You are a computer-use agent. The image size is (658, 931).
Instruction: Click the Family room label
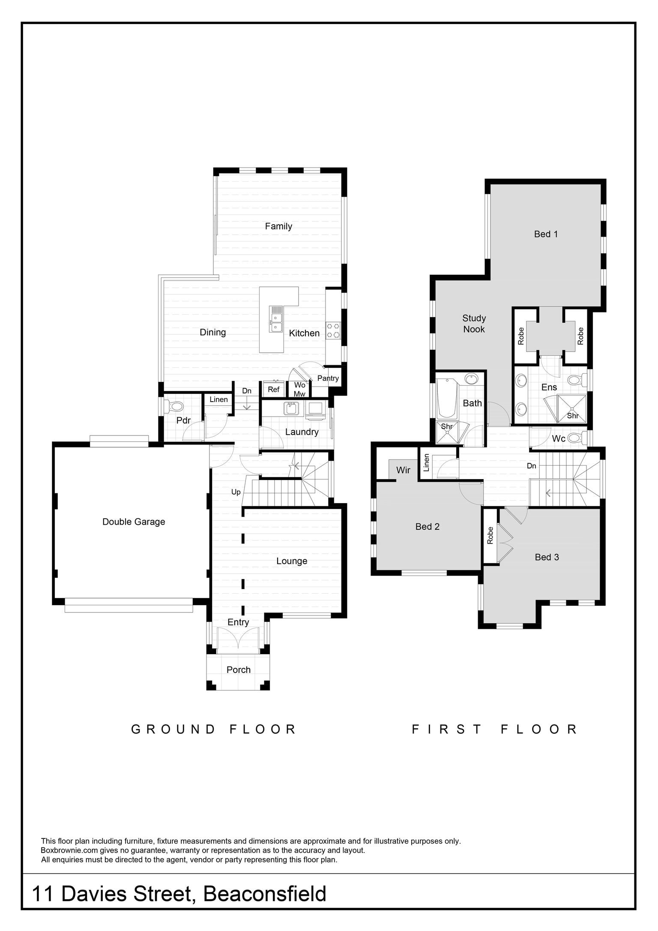point(278,226)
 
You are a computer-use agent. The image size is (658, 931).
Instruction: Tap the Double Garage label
point(134,522)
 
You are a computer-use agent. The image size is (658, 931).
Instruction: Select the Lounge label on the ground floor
point(292,561)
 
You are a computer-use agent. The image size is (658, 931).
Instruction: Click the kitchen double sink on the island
point(276,319)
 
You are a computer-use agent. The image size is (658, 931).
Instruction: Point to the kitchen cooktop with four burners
point(333,330)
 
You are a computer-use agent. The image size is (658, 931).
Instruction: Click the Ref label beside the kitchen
point(274,389)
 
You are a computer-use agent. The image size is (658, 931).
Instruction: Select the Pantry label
point(328,378)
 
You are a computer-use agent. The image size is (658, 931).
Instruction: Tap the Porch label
point(239,670)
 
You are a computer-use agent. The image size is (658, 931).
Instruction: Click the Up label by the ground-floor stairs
point(236,492)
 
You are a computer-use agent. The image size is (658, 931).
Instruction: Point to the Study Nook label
point(474,324)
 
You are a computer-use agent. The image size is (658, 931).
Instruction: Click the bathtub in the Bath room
point(448,398)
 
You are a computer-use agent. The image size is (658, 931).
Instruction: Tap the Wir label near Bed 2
point(403,470)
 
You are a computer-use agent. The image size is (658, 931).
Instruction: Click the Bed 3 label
point(547,557)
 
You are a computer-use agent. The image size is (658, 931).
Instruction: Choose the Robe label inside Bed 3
point(491,536)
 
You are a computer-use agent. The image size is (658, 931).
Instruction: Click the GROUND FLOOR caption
point(213,729)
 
